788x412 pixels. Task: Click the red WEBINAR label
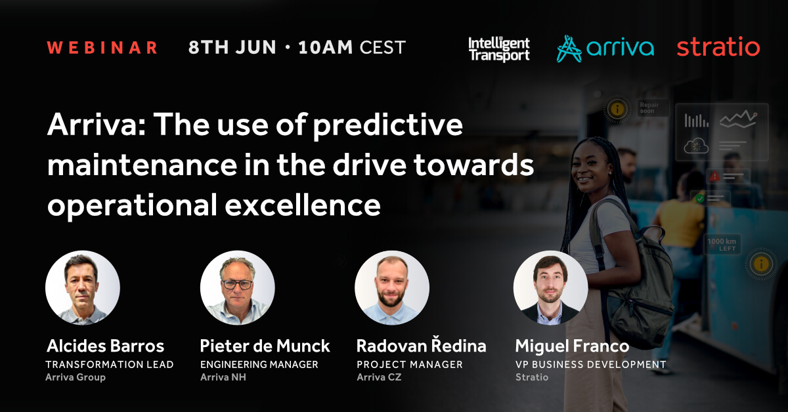102,48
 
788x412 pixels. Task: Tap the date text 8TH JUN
232,47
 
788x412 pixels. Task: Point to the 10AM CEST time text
352,47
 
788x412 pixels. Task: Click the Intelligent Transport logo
499,49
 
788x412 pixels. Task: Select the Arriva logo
605,49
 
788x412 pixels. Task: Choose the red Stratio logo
718,47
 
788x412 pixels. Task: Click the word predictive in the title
387,127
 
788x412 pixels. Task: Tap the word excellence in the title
303,205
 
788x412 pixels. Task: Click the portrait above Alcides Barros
83,287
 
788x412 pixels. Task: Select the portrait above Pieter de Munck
238,287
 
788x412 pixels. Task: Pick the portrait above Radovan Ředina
392,287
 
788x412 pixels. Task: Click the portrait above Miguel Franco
550,287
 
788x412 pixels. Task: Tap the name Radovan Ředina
421,345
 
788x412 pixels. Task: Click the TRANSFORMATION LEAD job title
110,365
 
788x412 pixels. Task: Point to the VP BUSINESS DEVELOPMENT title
590,365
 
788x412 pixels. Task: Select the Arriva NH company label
223,377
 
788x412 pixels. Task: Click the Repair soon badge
653,108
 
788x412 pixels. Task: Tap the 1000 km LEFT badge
722,244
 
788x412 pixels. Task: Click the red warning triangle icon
714,176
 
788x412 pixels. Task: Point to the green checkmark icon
700,199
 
